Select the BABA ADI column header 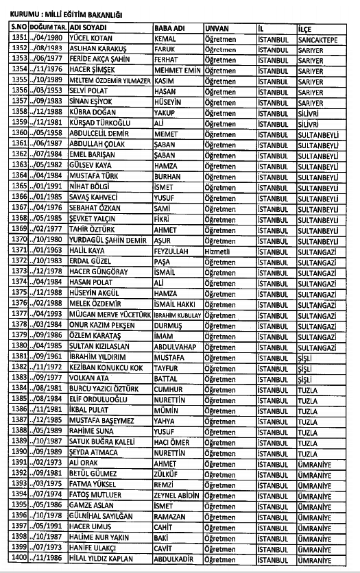pos(169,28)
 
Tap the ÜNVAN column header pos(217,28)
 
